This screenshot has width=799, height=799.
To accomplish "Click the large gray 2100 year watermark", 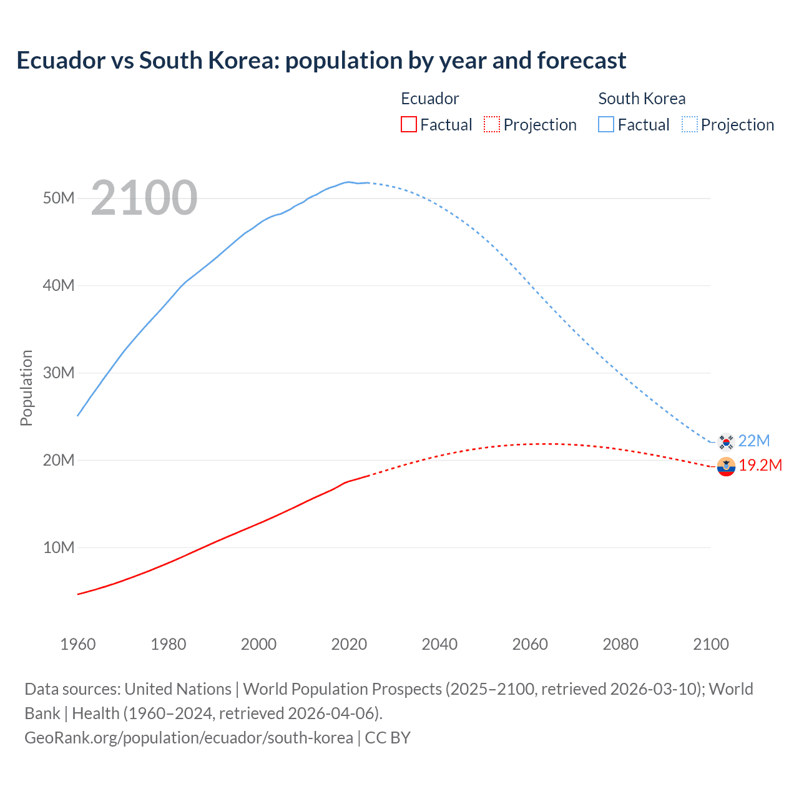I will pos(144,198).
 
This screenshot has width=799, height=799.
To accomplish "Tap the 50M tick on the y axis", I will pos(59,198).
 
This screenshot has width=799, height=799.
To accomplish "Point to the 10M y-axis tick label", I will pos(59,547).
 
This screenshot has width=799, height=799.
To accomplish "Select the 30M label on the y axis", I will pos(59,373).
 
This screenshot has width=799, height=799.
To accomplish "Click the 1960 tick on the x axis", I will pos(78,644).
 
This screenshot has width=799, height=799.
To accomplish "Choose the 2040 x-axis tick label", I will pos(439,644).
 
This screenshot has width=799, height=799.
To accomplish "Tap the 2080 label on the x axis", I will pos(620,644).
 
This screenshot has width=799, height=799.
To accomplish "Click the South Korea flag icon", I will pos(726,441).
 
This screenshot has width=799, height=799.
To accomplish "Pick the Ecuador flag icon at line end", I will pos(726,466).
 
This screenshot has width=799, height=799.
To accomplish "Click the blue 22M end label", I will pos(754,441).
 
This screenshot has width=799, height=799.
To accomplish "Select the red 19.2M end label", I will pos(760,466).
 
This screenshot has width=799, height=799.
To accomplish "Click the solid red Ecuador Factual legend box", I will pos(409,125).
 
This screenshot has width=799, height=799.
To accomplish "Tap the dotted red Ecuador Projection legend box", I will pos(492,125).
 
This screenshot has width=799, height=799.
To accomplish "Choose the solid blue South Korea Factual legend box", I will pos(606,125).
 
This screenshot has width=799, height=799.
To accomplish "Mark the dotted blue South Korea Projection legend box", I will pos(690,125).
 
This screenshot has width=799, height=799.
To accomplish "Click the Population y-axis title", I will pos(26,388).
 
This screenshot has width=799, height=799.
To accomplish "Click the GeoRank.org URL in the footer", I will pos(189,738).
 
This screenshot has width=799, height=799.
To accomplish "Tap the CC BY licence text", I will pos(388,738).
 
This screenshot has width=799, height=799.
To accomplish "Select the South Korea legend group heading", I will pos(642,99).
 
